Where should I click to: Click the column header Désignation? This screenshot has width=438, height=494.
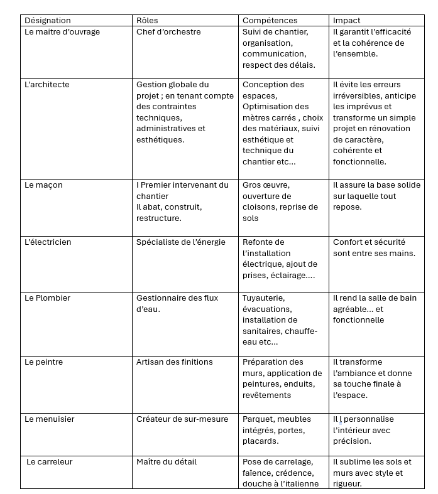48,21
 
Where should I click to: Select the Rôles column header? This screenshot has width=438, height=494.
147,21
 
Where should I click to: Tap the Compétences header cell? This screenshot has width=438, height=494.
270,21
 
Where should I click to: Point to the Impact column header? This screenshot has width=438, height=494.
346,21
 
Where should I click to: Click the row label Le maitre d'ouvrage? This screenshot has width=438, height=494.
62,32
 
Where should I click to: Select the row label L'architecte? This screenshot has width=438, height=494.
47,85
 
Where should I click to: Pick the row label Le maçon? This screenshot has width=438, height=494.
43,185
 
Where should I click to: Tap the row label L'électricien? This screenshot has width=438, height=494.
48,242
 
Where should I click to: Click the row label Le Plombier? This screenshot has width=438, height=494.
47,298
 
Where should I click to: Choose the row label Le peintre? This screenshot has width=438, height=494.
44,362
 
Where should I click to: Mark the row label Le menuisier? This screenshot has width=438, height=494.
50,419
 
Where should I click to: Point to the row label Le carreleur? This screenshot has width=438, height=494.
50,462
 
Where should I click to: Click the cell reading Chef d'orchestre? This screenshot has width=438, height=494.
168,32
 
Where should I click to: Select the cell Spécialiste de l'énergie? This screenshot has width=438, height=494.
180,242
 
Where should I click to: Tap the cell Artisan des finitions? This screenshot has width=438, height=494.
174,362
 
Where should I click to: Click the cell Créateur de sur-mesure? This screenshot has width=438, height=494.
178,419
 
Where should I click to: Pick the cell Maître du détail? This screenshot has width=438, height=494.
167,462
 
